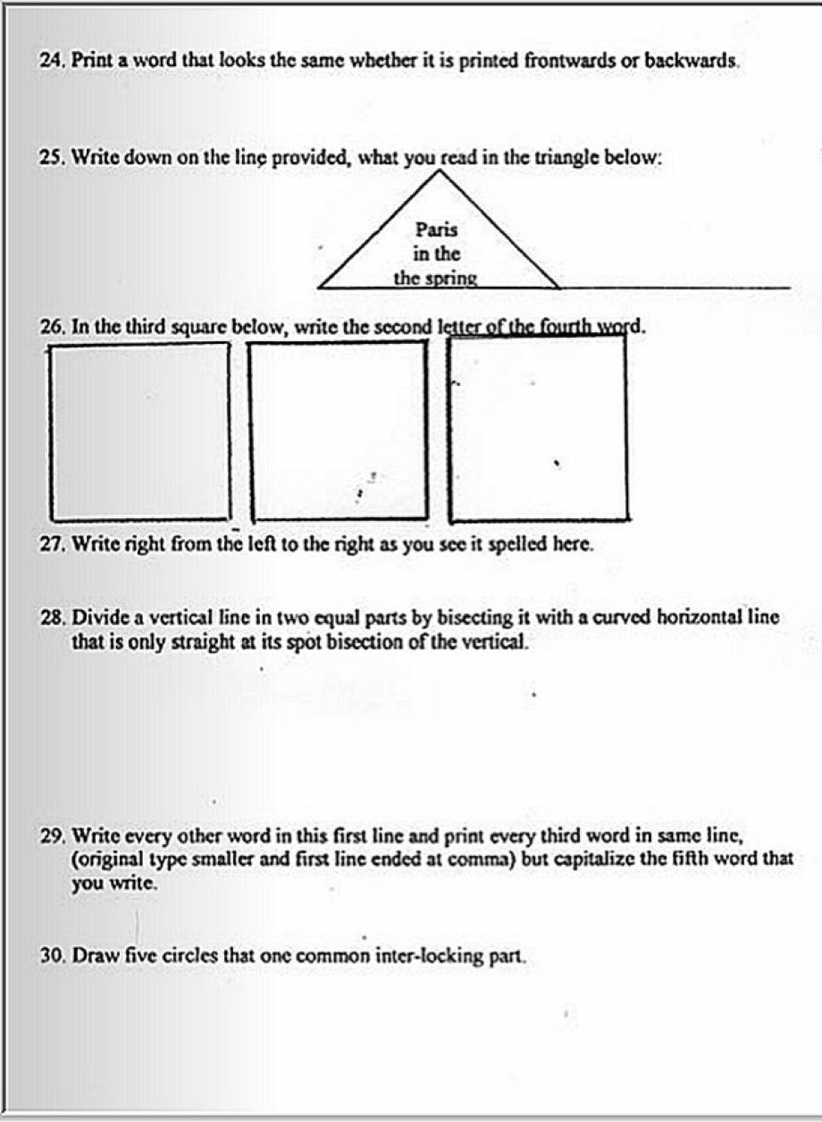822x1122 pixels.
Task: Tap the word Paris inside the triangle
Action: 437,230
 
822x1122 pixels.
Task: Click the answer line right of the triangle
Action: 675,287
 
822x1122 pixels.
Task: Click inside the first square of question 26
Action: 139,431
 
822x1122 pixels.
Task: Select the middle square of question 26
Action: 338,431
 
